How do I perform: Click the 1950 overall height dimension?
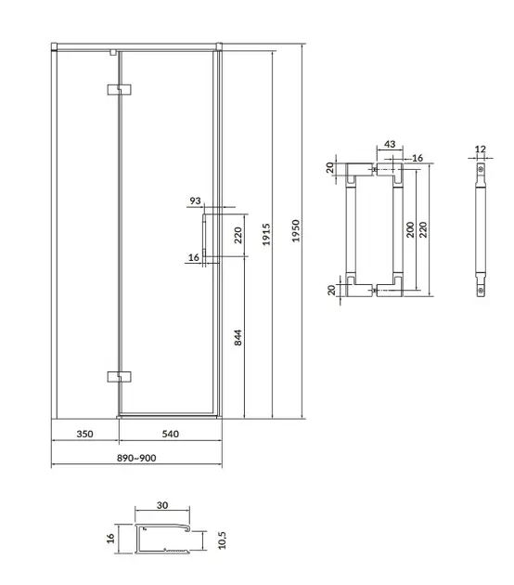tap(296, 231)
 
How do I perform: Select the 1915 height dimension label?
tap(266, 234)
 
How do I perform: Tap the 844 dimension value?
tap(238, 338)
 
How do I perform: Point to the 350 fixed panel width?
tap(84, 434)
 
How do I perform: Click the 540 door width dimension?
tap(171, 434)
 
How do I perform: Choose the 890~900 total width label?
tap(136, 458)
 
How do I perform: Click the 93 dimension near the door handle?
tap(195, 201)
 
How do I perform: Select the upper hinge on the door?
tap(119, 89)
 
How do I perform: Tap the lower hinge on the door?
tap(119, 377)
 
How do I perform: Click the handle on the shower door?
tap(204, 236)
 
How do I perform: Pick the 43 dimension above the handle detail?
tap(390, 144)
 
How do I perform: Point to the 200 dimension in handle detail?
tap(410, 229)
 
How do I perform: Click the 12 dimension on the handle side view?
tap(480, 149)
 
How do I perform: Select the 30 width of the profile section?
tap(162, 505)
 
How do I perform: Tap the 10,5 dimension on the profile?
tap(222, 540)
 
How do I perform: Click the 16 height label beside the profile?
tap(110, 539)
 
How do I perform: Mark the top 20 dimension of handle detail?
tap(330, 167)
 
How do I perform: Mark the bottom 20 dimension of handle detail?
tap(331, 290)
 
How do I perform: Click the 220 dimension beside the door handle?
tap(238, 235)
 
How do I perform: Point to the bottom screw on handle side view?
tap(481, 290)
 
